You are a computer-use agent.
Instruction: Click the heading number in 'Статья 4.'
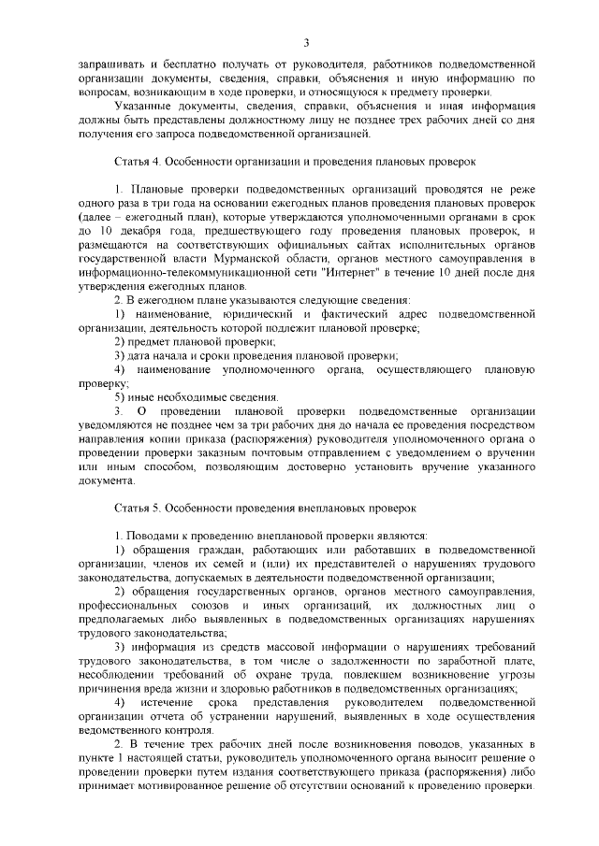[155, 162]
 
